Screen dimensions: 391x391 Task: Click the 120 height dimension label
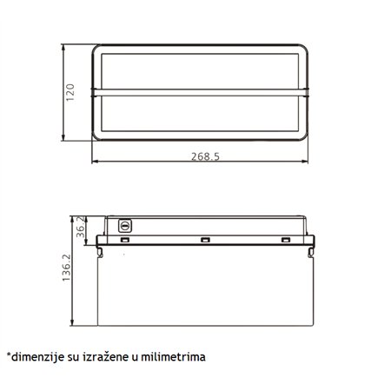tap(70, 90)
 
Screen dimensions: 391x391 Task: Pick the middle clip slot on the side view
tap(205, 240)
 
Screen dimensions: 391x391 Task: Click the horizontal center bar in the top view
tap(201, 89)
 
